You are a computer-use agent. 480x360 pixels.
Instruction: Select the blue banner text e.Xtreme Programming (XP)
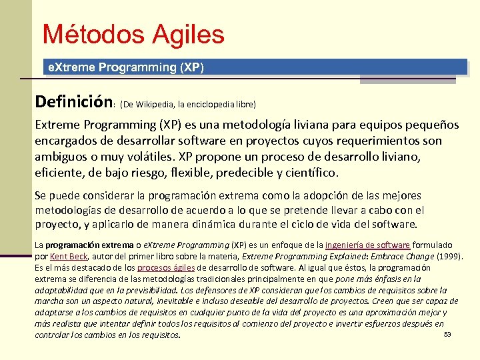(x=123, y=67)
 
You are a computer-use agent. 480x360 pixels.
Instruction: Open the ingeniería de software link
(x=367, y=245)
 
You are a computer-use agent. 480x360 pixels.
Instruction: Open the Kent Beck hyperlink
(x=69, y=257)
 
